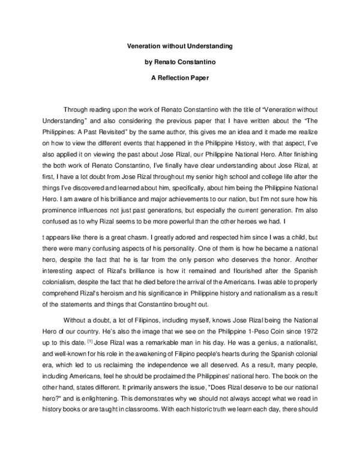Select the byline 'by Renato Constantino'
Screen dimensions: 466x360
[180, 61]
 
